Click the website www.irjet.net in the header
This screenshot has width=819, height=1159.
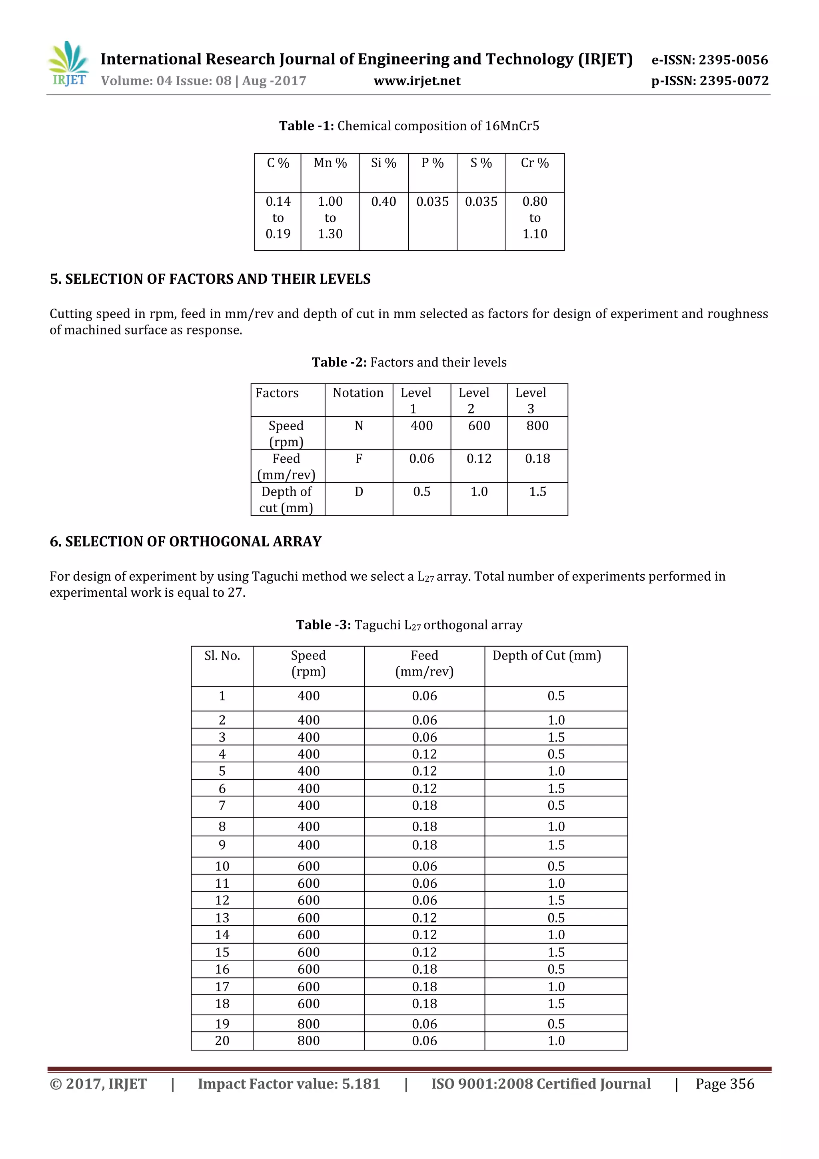pos(417,81)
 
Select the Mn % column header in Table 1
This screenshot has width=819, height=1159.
pos(330,163)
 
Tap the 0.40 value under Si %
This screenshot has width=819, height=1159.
pos(383,202)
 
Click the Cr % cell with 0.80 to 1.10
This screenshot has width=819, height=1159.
pos(535,218)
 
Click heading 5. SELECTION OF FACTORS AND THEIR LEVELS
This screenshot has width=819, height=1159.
pos(210,279)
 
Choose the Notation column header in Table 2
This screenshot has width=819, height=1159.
pos(358,393)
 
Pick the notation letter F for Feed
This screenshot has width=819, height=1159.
pos(359,459)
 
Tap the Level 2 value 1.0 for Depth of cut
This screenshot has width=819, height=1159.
pos(479,492)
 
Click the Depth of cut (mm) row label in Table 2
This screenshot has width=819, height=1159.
pos(286,499)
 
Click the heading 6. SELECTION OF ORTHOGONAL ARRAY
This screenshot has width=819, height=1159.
pos(185,541)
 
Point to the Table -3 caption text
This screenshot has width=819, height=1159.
pos(409,625)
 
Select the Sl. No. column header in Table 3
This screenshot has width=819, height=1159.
pos(222,656)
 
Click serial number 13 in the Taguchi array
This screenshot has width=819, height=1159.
pos(222,918)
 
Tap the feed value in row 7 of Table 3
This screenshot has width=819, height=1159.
pos(424,806)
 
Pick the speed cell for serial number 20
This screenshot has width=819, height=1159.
pos(308,1041)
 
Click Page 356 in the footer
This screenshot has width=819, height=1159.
pos(725,1084)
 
